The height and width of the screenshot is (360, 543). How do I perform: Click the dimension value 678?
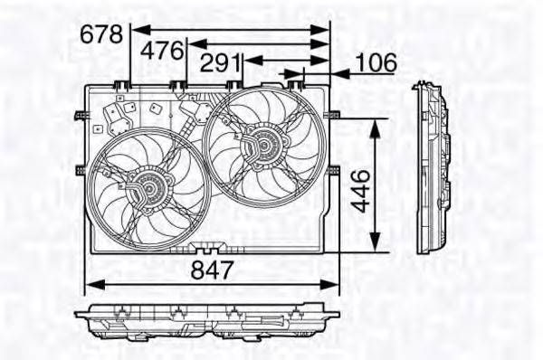(x=100, y=33)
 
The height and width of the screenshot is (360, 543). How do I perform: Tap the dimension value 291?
(x=219, y=64)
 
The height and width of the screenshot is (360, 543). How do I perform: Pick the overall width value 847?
(x=214, y=269)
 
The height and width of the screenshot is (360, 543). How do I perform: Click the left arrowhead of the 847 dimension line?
(x=89, y=283)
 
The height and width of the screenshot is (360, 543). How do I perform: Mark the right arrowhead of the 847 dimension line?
(x=327, y=283)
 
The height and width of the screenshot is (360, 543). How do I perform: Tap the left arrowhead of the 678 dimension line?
(x=137, y=27)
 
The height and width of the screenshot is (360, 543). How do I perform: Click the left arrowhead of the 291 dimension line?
(x=245, y=59)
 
